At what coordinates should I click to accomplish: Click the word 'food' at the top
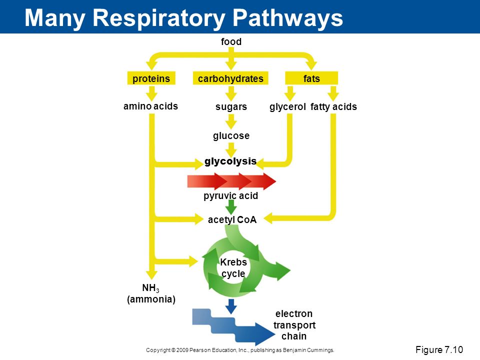click(231, 41)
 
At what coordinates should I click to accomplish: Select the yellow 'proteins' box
click(151, 78)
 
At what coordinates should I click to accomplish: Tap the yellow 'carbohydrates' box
click(230, 78)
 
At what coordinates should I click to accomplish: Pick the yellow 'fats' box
click(311, 78)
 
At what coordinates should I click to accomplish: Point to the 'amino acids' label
click(150, 106)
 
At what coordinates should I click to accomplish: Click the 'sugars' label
click(231, 107)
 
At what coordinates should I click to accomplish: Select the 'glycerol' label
click(287, 107)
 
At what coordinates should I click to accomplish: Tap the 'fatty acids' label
click(333, 107)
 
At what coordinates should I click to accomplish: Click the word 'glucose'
click(231, 135)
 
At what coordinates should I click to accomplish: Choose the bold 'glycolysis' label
click(230, 161)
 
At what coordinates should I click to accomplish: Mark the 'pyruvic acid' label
click(231, 195)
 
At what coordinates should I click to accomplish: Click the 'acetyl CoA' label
click(232, 219)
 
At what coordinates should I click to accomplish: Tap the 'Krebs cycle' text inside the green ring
click(233, 267)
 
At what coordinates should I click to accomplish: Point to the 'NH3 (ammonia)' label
click(151, 293)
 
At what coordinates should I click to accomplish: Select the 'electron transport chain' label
click(294, 325)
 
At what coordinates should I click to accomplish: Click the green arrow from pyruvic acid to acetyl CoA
click(231, 207)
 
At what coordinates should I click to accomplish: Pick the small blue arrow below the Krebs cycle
click(231, 306)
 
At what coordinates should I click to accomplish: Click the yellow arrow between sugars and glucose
click(231, 121)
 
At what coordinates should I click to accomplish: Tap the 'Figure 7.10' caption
click(439, 349)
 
